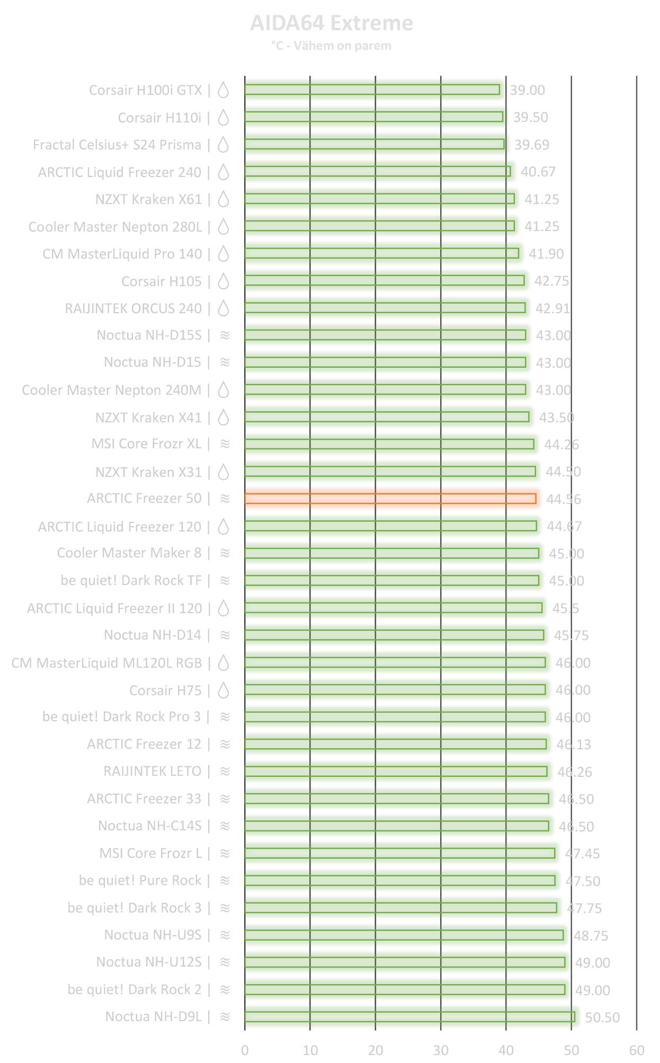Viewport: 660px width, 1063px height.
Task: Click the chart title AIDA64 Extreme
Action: click(x=331, y=23)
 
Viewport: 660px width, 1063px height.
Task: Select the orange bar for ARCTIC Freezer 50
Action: click(x=390, y=499)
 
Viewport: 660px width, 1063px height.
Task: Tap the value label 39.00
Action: click(x=527, y=90)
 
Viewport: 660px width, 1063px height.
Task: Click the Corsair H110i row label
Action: click(x=159, y=118)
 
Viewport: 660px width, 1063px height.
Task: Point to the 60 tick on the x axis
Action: click(x=637, y=1050)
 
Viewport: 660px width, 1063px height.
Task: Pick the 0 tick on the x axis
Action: click(x=245, y=1050)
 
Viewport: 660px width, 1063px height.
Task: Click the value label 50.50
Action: click(x=602, y=1017)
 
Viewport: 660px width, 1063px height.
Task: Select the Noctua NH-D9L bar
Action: click(x=409, y=1017)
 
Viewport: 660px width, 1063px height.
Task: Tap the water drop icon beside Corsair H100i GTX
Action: click(x=224, y=90)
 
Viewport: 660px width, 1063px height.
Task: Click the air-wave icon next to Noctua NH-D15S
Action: click(x=225, y=335)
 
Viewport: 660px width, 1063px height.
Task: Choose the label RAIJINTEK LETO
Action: click(x=153, y=771)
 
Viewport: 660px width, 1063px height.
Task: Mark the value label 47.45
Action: click(x=583, y=854)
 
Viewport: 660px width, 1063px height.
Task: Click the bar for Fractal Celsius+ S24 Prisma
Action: click(x=374, y=144)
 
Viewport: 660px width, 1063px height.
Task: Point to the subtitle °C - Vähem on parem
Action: click(x=331, y=46)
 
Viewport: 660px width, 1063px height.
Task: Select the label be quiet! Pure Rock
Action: click(x=140, y=880)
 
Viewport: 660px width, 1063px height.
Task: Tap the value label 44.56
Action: click(x=564, y=499)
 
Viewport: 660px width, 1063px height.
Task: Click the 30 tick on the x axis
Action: click(x=441, y=1050)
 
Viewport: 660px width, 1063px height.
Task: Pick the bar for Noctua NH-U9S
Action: click(x=404, y=935)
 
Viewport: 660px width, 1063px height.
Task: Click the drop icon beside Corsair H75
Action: click(x=224, y=690)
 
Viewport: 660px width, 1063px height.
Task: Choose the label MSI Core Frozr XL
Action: click(x=146, y=444)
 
